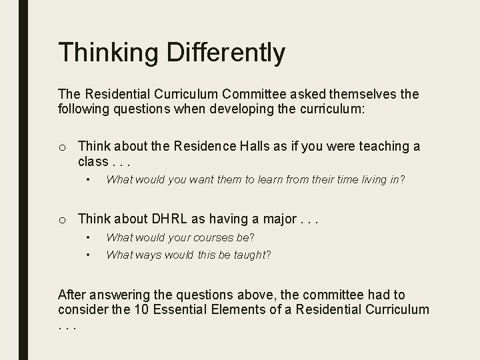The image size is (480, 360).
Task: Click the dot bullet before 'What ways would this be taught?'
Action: tap(88, 254)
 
